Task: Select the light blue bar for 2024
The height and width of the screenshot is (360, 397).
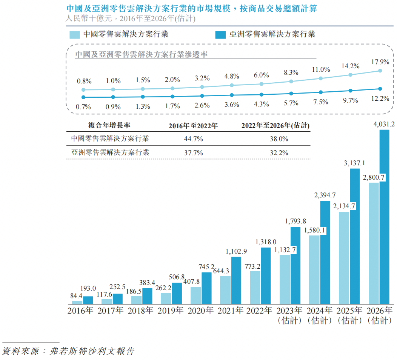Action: pyautogui.click(x=314, y=270)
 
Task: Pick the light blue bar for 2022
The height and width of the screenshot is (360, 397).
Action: pyautogui.click(x=255, y=287)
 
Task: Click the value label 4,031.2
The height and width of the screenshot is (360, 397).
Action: pyautogui.click(x=384, y=123)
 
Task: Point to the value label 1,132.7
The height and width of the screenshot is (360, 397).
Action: pyautogui.click(x=285, y=250)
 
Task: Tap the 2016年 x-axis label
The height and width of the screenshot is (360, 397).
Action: pyautogui.click(x=80, y=312)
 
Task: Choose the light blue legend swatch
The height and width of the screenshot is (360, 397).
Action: pyautogui.click(x=75, y=35)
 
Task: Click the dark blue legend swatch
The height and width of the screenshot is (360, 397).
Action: pyautogui.click(x=220, y=35)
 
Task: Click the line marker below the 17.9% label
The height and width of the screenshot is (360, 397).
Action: pyautogui.click(x=380, y=71)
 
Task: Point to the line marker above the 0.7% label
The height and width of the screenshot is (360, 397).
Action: pyautogui.click(x=83, y=97)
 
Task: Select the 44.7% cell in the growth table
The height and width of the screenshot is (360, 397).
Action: pyautogui.click(x=193, y=139)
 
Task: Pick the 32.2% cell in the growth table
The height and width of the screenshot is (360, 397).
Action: pyautogui.click(x=279, y=153)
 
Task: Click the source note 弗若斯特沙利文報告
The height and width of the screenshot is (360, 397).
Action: pyautogui.click(x=94, y=351)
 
